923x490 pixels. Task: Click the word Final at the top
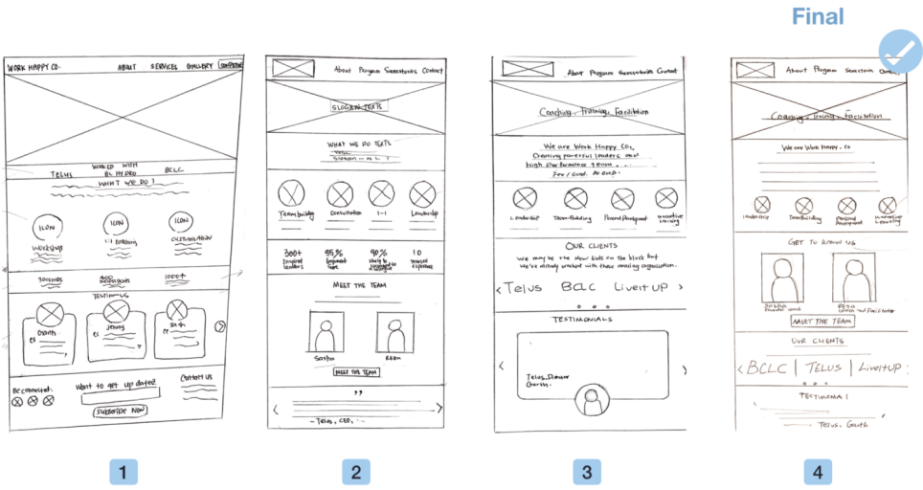pos(818,16)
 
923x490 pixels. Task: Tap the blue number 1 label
pos(124,471)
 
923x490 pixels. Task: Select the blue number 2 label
pos(355,471)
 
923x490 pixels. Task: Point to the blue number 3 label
pos(586,471)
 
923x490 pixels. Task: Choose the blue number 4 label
pos(817,471)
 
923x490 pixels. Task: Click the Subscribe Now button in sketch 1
pos(120,411)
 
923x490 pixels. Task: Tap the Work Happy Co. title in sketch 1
pos(34,68)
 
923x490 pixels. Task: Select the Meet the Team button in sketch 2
pos(355,372)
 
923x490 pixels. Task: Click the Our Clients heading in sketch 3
pos(589,245)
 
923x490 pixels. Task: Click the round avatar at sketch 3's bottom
pos(591,404)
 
